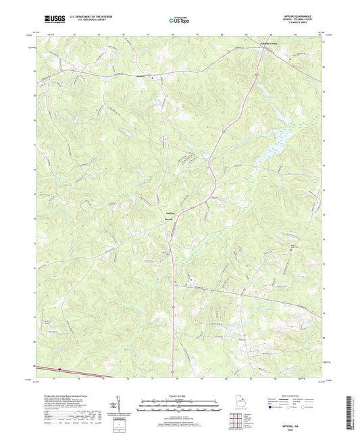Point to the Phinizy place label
141,76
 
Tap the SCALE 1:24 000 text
180,396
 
